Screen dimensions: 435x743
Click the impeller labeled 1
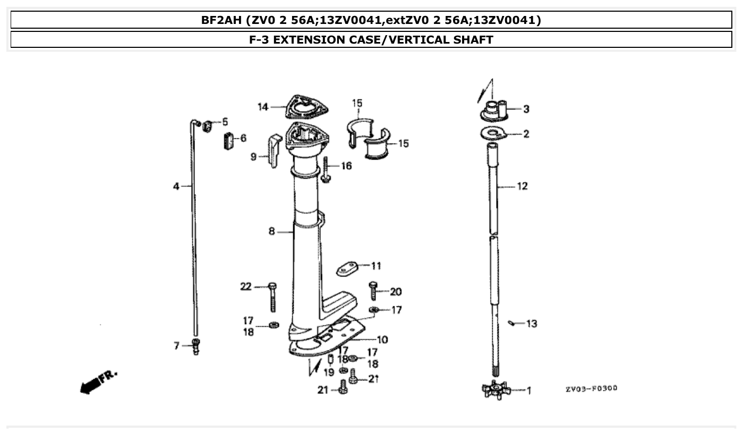(496, 390)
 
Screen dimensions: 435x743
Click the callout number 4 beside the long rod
(176, 186)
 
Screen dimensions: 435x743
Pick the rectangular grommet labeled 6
(228, 141)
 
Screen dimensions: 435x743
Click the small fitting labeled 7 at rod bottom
(196, 346)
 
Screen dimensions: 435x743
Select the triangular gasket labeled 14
(306, 108)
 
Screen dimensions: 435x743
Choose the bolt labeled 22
(272, 297)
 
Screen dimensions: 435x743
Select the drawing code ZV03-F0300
(591, 389)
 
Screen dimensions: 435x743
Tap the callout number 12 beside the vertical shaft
(522, 186)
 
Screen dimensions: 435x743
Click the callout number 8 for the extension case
(271, 231)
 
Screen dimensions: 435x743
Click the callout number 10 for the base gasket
(382, 339)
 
